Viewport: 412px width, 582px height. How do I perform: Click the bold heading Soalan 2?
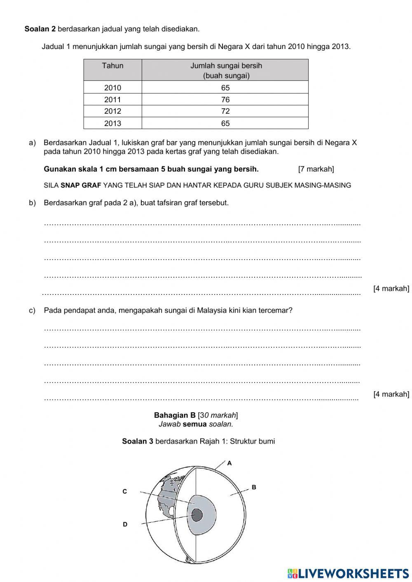pos(40,29)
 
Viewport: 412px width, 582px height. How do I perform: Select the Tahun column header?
pos(112,66)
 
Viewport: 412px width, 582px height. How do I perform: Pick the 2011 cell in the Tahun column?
pos(112,99)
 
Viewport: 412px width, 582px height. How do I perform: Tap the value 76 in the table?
pos(225,99)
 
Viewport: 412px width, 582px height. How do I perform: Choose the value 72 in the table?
pos(225,111)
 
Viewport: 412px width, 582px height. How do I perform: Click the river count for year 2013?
pos(225,123)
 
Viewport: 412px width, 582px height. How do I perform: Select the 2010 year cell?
pos(112,88)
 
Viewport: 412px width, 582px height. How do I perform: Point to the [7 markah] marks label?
pos(316,169)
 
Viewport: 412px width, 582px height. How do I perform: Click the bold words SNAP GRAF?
pos(81,185)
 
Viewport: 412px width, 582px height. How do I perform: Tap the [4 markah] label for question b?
pos(391,288)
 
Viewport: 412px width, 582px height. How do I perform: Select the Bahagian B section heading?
pos(175,415)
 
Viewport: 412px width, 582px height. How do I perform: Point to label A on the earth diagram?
pos(229,463)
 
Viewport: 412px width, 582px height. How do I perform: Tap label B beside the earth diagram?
pos(254,487)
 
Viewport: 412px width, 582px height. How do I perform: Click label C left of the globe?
pos(125,491)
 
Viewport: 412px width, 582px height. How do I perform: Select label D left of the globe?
pos(125,524)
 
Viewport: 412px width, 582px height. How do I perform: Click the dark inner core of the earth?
pos(197,515)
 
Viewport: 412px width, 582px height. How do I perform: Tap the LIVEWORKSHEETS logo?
pos(348,573)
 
